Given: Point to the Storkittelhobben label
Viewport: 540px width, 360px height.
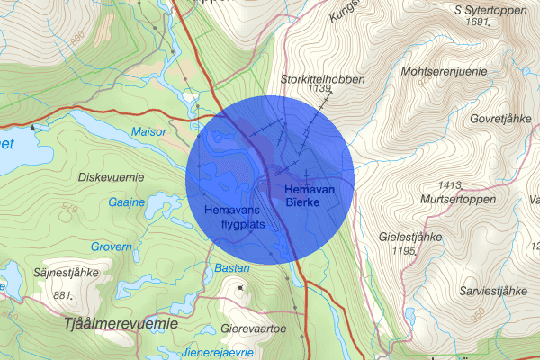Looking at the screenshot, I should point(322,79).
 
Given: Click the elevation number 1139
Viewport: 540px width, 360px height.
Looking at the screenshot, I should point(319,90).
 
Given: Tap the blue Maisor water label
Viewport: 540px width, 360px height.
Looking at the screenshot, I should point(149,131).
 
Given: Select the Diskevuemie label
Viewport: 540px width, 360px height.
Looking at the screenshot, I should point(112,175).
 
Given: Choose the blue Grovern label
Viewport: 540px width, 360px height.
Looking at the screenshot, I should point(111,246).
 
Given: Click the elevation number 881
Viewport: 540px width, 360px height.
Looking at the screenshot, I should point(62,295).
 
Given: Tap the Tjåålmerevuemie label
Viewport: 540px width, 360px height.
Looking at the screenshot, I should point(121,322).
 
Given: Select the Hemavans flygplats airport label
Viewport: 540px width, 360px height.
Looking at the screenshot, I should point(235,217).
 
